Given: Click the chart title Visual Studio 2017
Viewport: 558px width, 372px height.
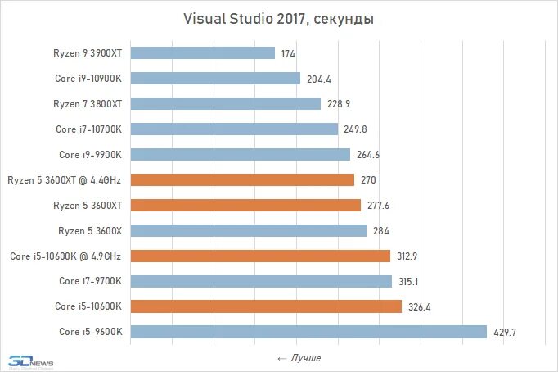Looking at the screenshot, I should click(277, 20).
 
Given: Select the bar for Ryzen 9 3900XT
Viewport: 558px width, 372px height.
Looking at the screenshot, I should click(202, 53).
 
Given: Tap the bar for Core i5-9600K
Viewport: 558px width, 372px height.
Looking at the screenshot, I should click(308, 332).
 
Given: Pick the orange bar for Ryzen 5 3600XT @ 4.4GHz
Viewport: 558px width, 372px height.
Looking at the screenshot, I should click(242, 179).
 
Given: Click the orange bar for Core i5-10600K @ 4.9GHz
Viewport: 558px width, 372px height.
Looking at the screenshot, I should click(260, 256).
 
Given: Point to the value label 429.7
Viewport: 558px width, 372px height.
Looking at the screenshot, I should click(504, 332).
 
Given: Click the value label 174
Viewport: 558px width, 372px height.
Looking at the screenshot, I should click(287, 53).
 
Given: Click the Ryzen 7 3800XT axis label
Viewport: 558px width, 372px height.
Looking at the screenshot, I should click(88, 103).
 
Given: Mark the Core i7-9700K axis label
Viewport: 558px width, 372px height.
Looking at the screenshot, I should click(91, 281).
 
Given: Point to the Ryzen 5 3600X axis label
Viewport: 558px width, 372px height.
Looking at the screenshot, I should click(90, 230).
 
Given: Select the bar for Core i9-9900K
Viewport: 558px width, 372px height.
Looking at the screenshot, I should click(240, 154).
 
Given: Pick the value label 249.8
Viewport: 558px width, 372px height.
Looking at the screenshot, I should click(356, 129).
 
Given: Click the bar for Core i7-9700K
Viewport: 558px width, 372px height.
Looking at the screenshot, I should click(261, 281).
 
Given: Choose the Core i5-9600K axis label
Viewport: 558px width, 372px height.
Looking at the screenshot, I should click(91, 332).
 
